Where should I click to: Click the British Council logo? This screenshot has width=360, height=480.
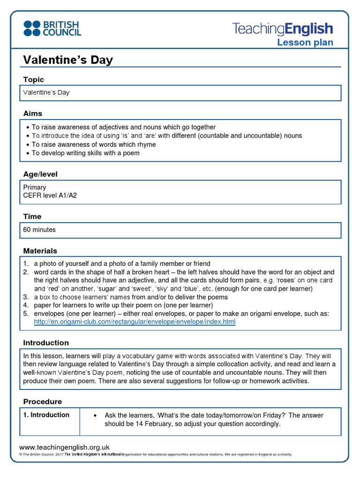[x=52, y=28]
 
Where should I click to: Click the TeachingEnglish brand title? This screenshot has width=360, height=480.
[x=283, y=29]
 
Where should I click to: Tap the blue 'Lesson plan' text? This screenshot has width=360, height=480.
[x=305, y=43]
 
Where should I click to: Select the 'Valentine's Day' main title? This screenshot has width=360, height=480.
[x=68, y=60]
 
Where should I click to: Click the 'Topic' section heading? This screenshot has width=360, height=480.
[x=34, y=80]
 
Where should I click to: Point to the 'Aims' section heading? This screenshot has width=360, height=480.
[x=33, y=113]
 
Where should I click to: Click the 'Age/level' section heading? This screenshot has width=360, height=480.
[x=40, y=174]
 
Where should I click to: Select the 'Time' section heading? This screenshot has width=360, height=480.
[x=32, y=217]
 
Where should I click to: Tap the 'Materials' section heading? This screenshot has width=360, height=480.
[x=40, y=251]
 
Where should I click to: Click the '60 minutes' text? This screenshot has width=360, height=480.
[x=39, y=230]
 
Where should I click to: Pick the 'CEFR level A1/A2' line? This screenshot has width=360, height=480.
[x=50, y=195]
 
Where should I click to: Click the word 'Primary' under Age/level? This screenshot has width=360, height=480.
[x=35, y=187]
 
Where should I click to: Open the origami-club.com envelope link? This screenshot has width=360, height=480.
[x=135, y=322]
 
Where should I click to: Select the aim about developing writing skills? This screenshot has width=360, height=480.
[x=86, y=153]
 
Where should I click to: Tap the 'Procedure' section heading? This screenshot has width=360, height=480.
[x=43, y=402]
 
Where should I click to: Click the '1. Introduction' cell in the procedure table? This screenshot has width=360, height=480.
[x=46, y=415]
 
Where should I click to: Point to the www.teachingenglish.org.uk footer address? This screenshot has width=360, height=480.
[x=64, y=448]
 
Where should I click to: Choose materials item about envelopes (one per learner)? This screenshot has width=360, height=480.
[x=178, y=314]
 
